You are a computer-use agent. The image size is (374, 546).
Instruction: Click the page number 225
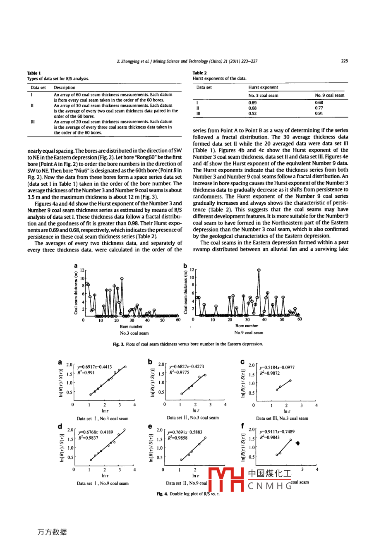tap(344, 61)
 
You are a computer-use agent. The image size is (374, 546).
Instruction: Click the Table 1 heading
tap(34, 73)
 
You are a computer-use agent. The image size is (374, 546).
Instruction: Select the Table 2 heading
tap(200, 73)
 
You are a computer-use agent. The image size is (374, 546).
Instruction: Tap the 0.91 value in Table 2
tap(319, 113)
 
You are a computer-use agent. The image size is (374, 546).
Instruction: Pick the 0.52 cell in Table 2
tap(252, 113)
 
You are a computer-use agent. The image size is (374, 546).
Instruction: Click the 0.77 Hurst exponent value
tap(319, 108)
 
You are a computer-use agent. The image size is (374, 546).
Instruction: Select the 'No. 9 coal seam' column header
tap(329, 95)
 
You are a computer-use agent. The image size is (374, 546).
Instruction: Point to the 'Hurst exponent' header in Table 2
tap(263, 87)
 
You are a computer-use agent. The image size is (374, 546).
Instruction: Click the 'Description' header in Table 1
tap(65, 87)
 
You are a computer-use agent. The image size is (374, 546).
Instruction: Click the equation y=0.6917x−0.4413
tap(95, 366)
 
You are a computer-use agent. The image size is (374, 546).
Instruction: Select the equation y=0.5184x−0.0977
tap(277, 367)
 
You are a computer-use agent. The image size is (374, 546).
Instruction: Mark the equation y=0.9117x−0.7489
tap(277, 431)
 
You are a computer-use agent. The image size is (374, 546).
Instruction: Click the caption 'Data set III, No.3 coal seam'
tap(282, 418)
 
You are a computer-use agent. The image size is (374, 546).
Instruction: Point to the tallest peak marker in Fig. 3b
tap(259, 270)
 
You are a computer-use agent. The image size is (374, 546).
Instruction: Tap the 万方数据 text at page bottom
tap(52, 532)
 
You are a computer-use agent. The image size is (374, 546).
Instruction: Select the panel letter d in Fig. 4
tap(60, 426)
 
